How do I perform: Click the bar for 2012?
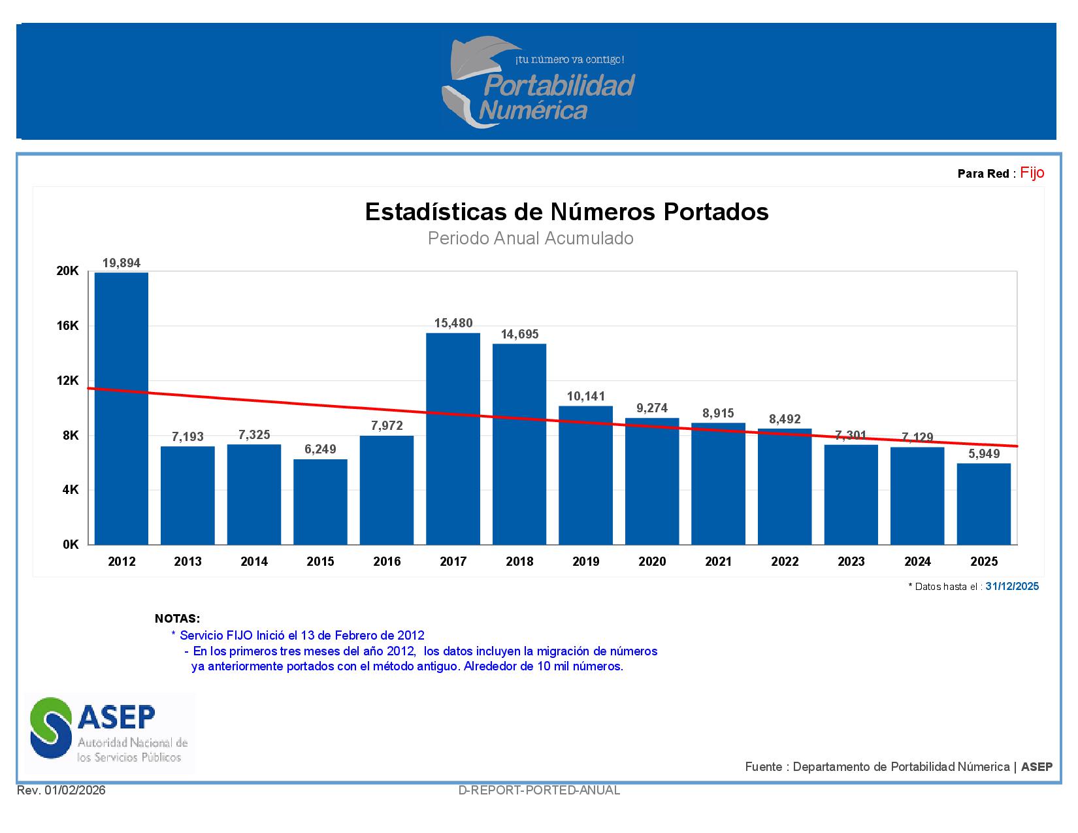(x=122, y=408)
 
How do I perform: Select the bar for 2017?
(x=453, y=438)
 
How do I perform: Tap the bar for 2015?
(x=320, y=502)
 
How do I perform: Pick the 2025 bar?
(x=984, y=504)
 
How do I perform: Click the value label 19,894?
(x=122, y=263)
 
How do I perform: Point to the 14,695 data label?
(x=519, y=335)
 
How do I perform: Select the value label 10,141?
(x=585, y=397)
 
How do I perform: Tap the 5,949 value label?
(x=984, y=454)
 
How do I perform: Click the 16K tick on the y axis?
(x=68, y=326)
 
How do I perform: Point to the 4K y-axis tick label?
(x=71, y=490)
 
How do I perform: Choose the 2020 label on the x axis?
(x=652, y=562)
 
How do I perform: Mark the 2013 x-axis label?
(x=188, y=562)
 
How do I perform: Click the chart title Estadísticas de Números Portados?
(x=566, y=212)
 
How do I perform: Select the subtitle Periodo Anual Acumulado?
(x=531, y=238)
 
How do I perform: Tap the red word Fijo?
(x=1032, y=173)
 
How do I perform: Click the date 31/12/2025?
(x=1012, y=587)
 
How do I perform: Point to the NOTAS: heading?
(x=177, y=619)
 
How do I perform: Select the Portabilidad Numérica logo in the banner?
(x=538, y=82)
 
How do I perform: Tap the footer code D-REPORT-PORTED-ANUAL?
(x=539, y=791)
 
